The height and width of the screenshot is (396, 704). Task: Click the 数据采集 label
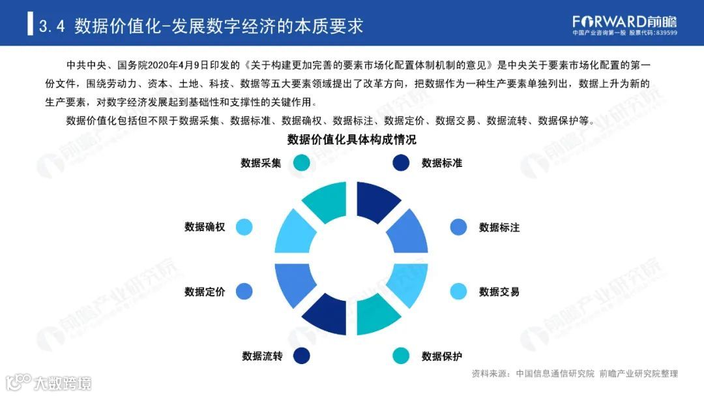(x=261, y=163)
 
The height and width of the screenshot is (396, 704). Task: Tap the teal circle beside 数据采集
(x=301, y=163)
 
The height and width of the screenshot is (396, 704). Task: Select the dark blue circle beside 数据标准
(x=401, y=163)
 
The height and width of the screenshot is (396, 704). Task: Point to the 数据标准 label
(x=442, y=163)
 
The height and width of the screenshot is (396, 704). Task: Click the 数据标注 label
(x=499, y=228)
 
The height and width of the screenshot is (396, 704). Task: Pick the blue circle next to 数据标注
(x=459, y=227)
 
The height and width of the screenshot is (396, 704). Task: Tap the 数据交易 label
(x=499, y=292)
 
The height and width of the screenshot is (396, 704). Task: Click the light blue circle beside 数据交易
(x=459, y=292)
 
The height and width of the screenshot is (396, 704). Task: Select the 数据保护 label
(x=442, y=356)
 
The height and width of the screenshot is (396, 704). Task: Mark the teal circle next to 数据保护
(x=401, y=356)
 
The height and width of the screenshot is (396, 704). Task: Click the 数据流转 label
(x=262, y=356)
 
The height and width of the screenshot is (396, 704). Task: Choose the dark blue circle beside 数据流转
(x=301, y=356)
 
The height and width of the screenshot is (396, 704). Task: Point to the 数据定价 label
(x=205, y=292)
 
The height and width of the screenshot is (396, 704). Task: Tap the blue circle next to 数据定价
(x=244, y=292)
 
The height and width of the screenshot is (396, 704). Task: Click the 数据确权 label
(x=205, y=228)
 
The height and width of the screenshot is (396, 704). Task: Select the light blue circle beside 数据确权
(x=244, y=227)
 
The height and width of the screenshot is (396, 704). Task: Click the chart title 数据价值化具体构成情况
(x=352, y=140)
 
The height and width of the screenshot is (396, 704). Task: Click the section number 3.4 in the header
(x=52, y=26)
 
